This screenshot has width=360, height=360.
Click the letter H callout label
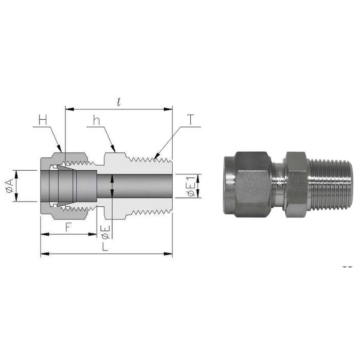[x=43, y=120]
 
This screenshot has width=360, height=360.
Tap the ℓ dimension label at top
[x=119, y=102]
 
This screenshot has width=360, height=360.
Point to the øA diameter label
[x=8, y=186]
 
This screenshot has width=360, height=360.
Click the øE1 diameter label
[x=190, y=186]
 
